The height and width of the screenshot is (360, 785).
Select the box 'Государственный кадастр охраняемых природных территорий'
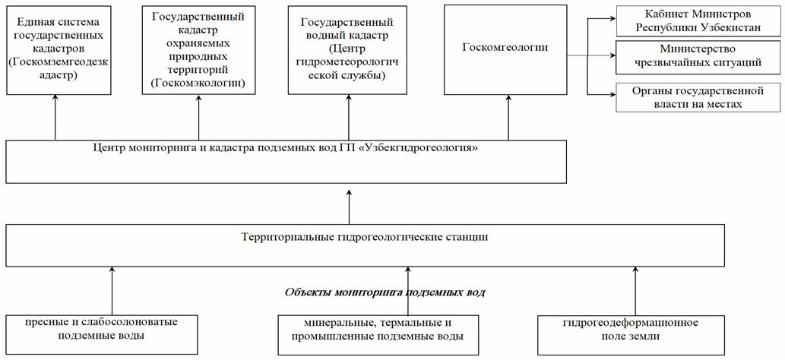tap(198, 49)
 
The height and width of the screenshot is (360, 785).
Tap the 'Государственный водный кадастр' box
tap(348, 49)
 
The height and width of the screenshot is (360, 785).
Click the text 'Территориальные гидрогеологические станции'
tap(364, 236)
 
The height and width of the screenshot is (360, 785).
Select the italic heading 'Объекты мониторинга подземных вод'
tap(385, 292)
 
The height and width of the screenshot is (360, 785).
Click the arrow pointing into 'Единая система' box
tap(55, 118)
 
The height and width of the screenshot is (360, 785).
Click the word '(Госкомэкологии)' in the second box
tap(198, 82)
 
